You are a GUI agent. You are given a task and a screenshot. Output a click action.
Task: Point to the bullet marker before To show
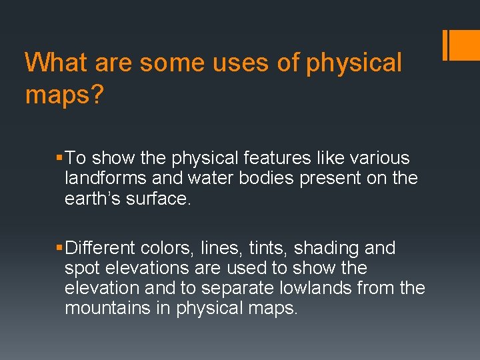tap(61, 159)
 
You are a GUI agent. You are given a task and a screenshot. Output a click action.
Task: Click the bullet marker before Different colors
tap(61, 249)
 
